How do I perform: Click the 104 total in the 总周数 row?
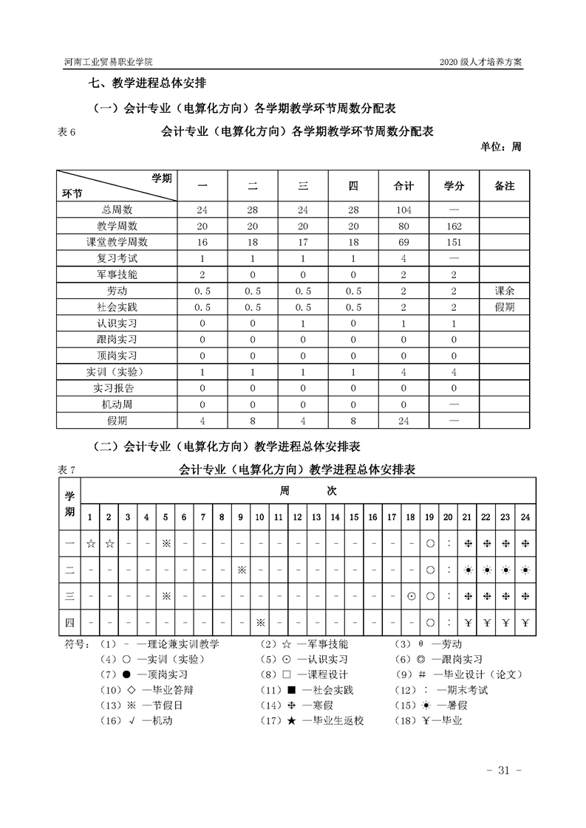pos(403,210)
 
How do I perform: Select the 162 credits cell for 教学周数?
pos(453,226)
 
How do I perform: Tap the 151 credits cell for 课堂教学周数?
pos(453,242)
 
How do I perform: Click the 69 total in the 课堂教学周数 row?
pos(403,242)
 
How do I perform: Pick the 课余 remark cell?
pos(504,291)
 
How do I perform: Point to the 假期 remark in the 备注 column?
pos(504,307)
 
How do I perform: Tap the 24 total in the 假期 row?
pos(403,421)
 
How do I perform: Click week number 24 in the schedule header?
pos(525,517)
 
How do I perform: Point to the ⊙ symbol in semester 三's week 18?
pos(410,596)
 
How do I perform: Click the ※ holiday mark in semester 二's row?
pos(241,569)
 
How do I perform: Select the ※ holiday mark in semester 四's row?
pos(260,622)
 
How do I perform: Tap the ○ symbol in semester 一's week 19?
pos(429,543)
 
